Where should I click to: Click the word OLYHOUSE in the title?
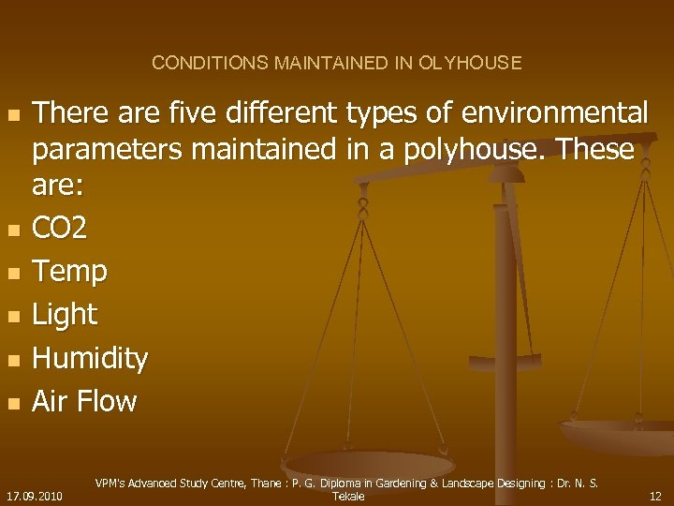[x=471, y=64]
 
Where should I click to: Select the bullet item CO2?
[x=62, y=227]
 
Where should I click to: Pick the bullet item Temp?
[x=70, y=271]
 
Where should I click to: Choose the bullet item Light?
[x=66, y=315]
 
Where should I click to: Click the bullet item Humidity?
[x=90, y=358]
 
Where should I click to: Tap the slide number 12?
[x=655, y=496]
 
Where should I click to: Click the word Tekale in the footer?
[x=348, y=496]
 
